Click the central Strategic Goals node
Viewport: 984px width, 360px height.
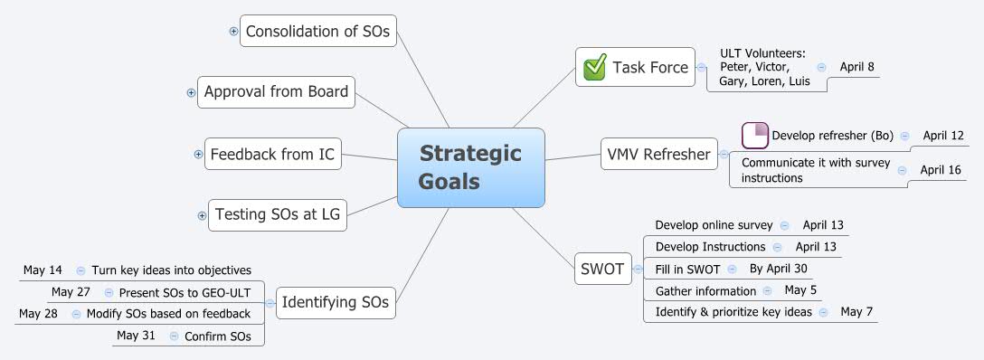click(470, 167)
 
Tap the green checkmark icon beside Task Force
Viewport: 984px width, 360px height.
click(595, 68)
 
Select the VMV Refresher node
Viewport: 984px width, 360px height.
click(658, 155)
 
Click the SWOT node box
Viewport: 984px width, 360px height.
click(602, 269)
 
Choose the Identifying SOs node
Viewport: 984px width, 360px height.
click(335, 301)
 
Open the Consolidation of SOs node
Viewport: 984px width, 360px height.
click(317, 31)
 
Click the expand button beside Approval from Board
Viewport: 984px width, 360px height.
click(191, 92)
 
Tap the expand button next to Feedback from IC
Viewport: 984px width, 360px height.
click(199, 155)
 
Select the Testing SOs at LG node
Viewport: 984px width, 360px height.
click(277, 215)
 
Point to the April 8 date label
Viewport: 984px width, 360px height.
click(856, 67)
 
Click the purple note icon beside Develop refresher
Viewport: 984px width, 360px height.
click(754, 136)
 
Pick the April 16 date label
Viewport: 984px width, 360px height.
click(941, 169)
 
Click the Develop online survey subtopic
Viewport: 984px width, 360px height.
click(714, 225)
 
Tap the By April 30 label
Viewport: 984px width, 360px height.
click(778, 269)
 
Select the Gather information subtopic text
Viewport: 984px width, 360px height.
click(705, 290)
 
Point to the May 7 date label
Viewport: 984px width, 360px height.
click(856, 312)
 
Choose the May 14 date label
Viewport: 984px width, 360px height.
click(43, 270)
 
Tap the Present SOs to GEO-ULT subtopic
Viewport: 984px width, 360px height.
click(189, 292)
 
